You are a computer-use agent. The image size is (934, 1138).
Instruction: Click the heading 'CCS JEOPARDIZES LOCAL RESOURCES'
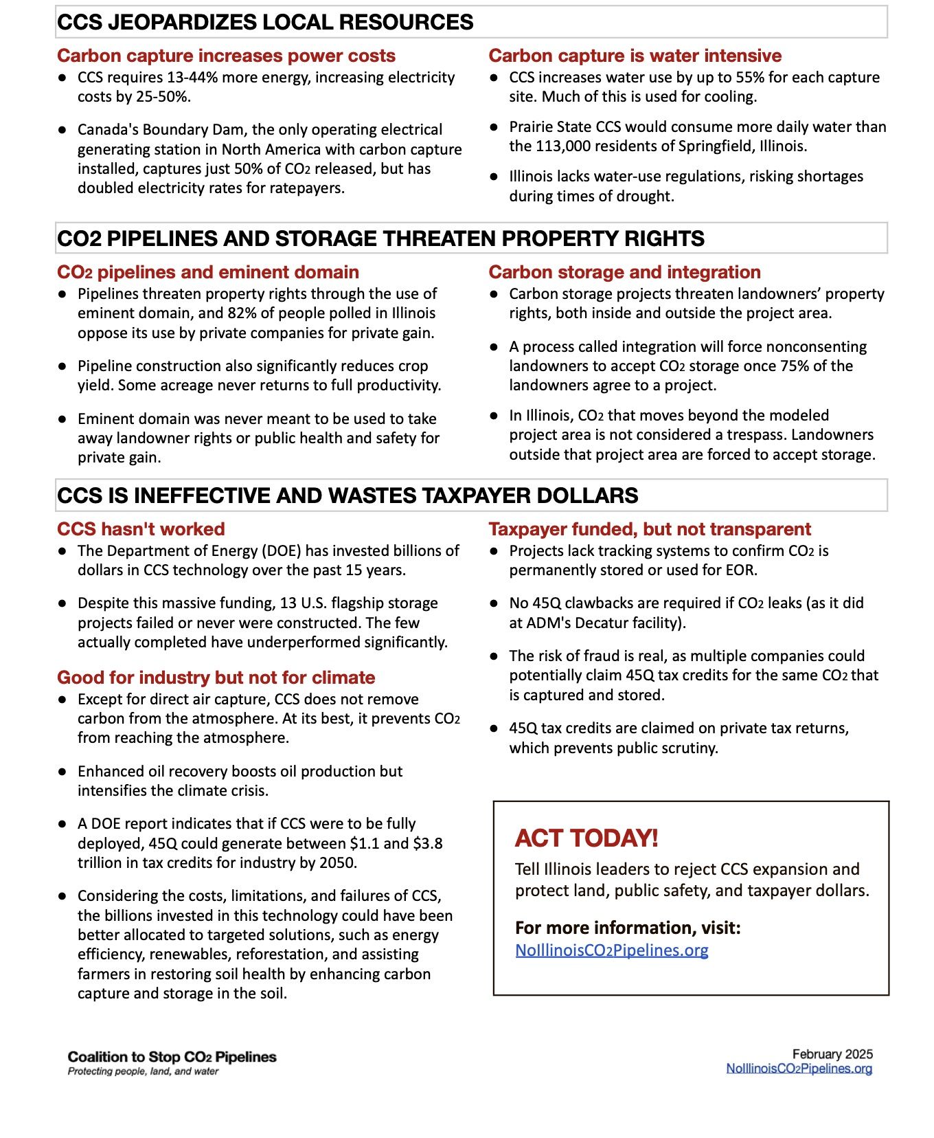[265, 22]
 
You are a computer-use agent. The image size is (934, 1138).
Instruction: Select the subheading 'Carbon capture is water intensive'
[635, 56]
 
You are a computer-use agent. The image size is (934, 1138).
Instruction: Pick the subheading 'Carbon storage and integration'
[624, 272]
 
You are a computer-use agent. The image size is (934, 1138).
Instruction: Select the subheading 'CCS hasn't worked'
[141, 529]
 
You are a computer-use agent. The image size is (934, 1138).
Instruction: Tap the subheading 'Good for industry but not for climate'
[216, 678]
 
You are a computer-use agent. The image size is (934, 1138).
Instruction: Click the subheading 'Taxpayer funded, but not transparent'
[650, 529]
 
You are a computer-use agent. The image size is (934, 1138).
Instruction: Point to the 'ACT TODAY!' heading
[586, 838]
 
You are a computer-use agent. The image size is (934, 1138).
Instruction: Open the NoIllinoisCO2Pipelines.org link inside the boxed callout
[611, 950]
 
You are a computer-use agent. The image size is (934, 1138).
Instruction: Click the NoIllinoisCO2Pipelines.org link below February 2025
[799, 1069]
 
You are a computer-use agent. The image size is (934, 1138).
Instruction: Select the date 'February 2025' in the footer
[832, 1054]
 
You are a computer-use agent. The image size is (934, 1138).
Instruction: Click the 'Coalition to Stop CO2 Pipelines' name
[172, 1057]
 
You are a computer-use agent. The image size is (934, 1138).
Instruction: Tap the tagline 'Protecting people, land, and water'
[143, 1071]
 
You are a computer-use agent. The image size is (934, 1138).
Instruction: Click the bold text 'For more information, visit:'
[628, 928]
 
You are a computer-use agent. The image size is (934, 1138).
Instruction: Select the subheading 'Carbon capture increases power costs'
[226, 56]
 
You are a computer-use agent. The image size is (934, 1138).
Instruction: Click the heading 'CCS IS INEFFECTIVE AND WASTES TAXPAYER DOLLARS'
[348, 495]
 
